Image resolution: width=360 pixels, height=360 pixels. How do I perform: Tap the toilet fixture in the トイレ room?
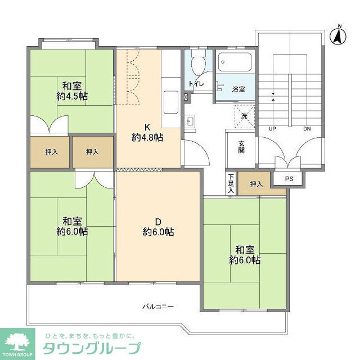197,64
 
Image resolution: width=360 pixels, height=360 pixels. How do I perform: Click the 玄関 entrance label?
240,147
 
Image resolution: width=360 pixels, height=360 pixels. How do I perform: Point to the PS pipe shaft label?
289,179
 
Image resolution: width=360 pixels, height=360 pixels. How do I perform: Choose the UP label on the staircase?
272,129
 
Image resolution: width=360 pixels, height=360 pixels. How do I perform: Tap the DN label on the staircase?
307,129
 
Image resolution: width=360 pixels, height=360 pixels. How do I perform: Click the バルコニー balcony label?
157,307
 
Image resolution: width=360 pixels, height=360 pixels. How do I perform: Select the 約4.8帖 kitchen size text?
147,137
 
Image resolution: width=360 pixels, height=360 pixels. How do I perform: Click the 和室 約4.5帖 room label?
72,91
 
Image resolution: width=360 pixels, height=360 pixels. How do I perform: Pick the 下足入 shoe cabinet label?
231,184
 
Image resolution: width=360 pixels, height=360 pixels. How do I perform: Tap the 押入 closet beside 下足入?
256,184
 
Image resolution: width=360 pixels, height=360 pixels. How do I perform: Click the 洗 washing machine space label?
244,115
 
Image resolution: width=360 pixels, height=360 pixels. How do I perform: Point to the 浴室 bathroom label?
238,89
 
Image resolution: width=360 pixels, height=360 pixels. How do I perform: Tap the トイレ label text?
196,84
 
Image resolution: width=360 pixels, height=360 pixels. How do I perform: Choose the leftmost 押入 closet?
49,152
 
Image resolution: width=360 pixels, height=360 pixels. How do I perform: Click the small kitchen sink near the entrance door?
190,120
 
